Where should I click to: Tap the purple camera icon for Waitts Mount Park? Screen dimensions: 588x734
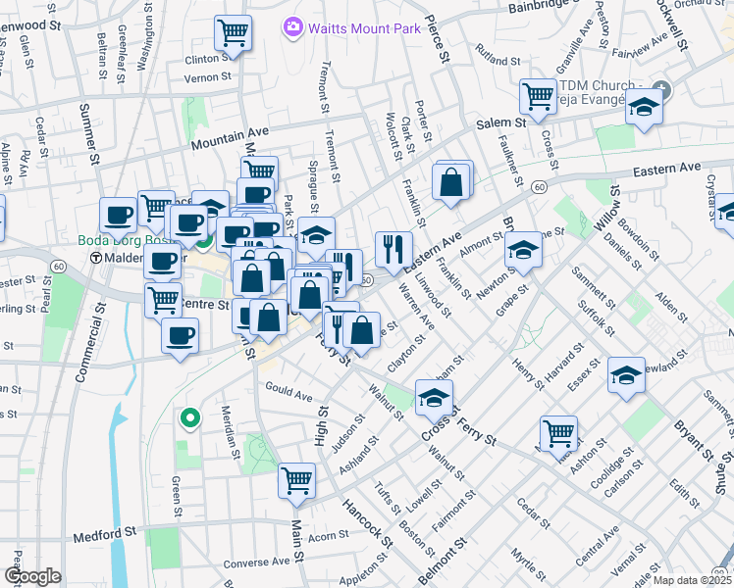pos(291,26)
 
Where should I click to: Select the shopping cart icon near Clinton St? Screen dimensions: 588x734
pos(234,34)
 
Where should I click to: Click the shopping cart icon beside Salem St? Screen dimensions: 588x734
pos(538,96)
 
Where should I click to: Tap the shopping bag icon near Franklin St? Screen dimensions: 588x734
pos(450,182)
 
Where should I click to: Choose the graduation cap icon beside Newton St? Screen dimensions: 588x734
pos(523,252)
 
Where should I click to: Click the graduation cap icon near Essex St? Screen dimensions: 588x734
pos(626,374)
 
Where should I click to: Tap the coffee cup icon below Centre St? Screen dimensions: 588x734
pos(179,337)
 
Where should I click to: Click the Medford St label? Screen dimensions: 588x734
pos(103,536)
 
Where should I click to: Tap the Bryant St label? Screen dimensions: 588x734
pos(693,438)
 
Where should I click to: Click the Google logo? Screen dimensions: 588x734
pos(32,576)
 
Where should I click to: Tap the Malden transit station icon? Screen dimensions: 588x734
pos(97,258)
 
